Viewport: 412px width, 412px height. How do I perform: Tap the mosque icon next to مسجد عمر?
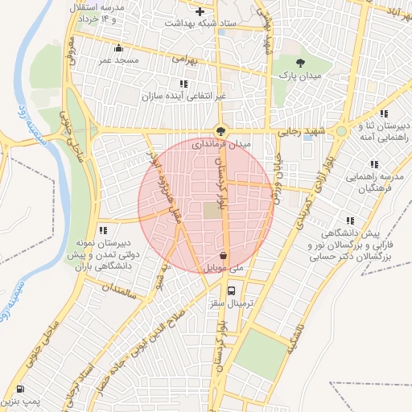(x=120, y=47)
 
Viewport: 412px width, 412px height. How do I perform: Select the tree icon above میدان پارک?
(x=300, y=63)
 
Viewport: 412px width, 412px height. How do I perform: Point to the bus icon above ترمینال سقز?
(x=232, y=290)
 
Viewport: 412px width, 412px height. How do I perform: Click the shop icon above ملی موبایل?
(x=222, y=256)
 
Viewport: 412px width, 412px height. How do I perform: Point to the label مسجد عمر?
(x=120, y=60)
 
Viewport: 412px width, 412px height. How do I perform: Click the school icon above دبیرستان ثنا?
(x=384, y=113)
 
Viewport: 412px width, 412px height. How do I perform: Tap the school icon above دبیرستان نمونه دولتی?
(x=101, y=231)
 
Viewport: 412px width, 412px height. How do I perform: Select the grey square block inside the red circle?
(x=210, y=209)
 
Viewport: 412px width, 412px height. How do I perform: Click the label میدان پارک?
(x=300, y=75)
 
